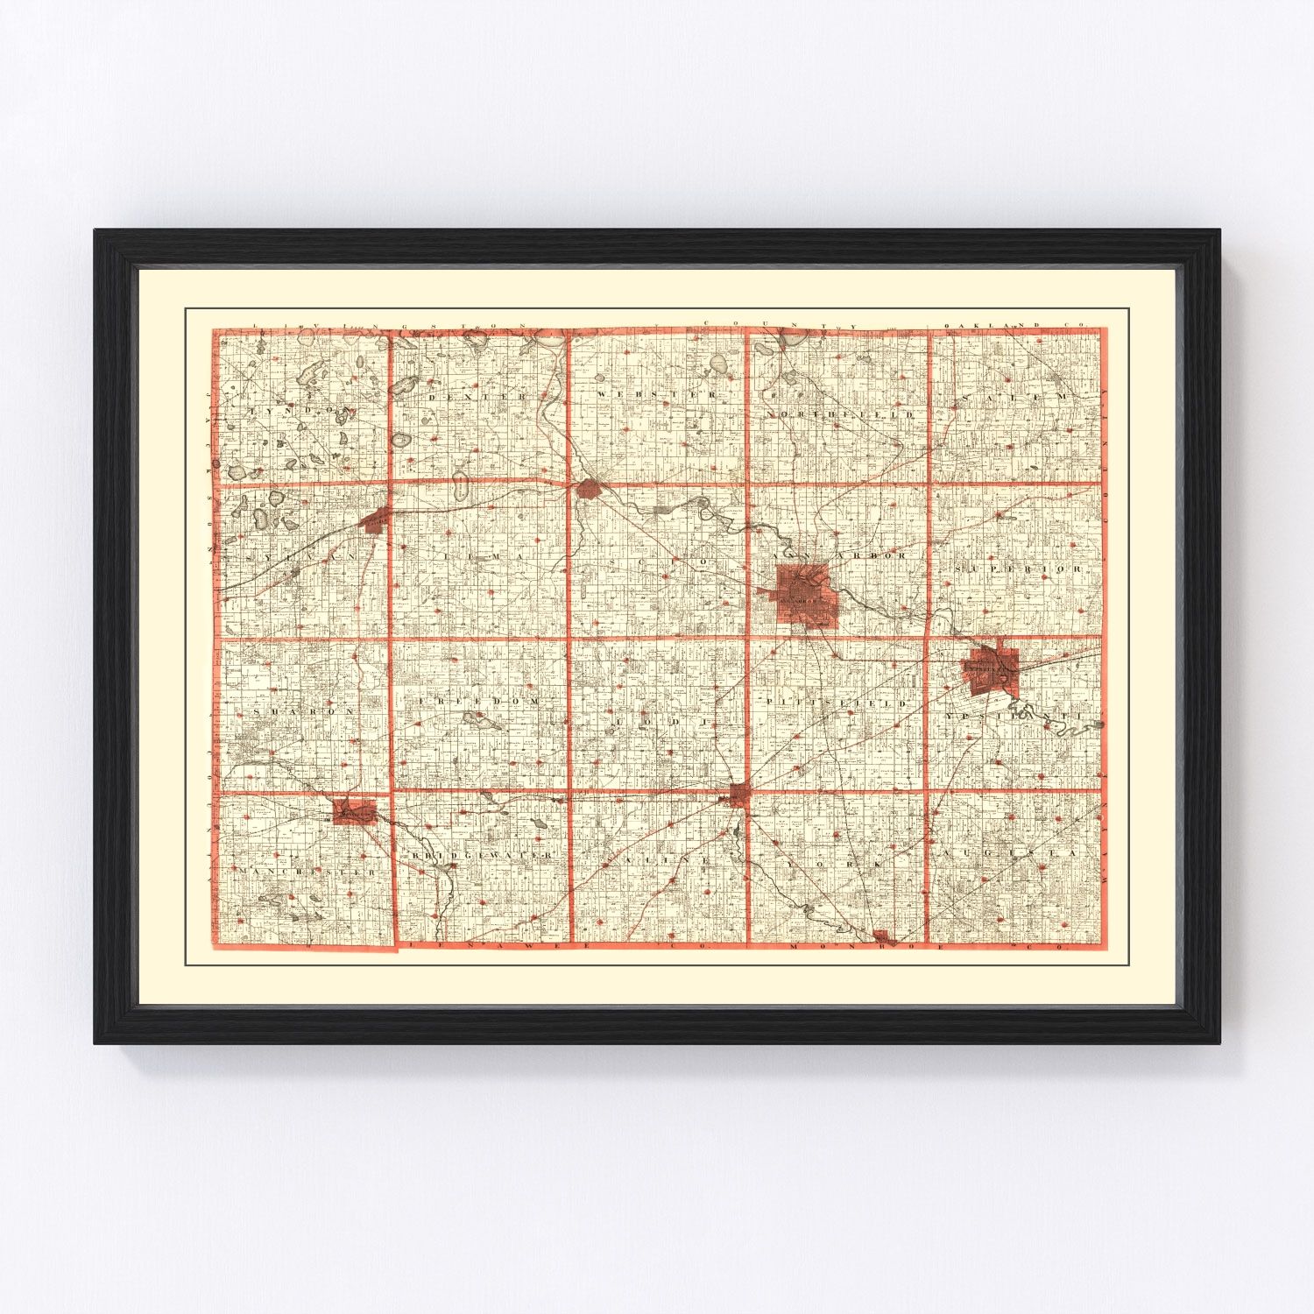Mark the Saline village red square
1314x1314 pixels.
tap(739, 795)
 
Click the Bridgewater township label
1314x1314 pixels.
tap(483, 853)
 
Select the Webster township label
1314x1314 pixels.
tap(657, 395)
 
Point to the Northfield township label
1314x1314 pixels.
tap(840, 413)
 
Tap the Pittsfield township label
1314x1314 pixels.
tap(837, 703)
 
